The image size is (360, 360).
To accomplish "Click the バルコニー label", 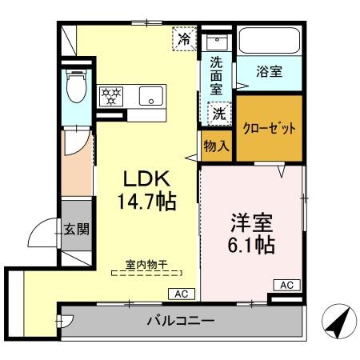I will [x=181, y=323].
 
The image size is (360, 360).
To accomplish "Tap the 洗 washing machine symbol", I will [x=218, y=114].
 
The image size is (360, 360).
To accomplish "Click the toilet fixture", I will [x=76, y=88].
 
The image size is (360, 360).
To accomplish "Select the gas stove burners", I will [x=111, y=96].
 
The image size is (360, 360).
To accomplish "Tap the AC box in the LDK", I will [x=181, y=294].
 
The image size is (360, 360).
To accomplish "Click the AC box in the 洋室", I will [x=287, y=285].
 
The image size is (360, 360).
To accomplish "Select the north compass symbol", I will [x=338, y=322].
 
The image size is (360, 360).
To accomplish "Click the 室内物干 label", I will [x=146, y=264].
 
